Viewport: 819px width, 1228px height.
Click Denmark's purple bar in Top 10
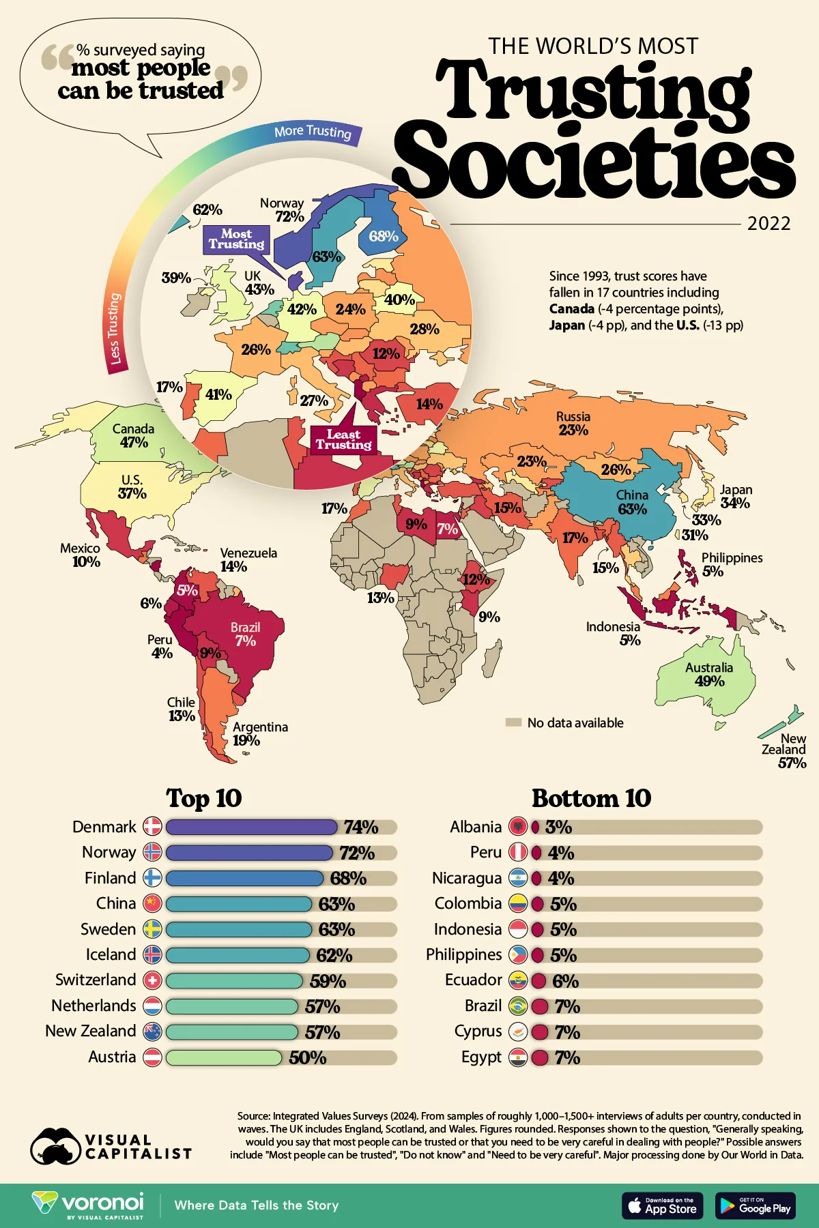[251, 827]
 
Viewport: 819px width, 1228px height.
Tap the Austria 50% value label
[307, 1057]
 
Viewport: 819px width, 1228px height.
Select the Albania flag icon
[518, 827]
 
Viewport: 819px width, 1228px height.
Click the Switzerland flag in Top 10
[152, 980]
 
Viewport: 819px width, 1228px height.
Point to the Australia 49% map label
[709, 674]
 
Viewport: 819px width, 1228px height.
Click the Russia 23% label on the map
[573, 424]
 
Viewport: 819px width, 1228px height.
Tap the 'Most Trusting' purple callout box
[236, 239]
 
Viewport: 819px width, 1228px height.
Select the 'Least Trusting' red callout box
[343, 439]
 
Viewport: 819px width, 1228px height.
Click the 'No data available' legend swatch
[513, 722]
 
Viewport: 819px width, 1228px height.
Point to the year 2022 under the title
[768, 224]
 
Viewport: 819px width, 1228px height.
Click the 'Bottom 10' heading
[591, 798]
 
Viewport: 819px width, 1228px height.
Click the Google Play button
[755, 1206]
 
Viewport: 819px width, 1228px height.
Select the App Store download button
[662, 1206]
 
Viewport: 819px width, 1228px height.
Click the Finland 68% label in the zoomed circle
[384, 236]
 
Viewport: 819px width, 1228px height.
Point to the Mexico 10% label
[81, 555]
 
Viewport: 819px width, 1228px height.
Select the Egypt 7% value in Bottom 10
[567, 1057]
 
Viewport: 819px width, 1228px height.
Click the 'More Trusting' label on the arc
[313, 132]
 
